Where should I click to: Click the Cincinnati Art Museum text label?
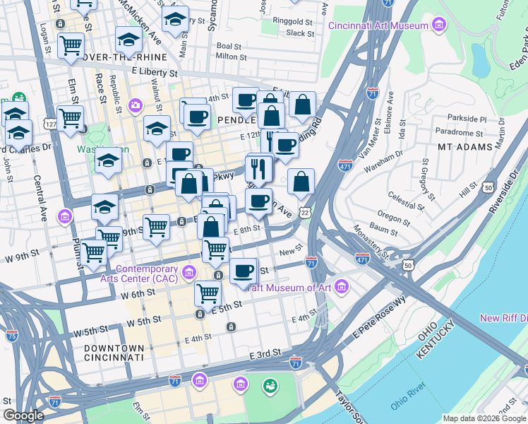click(x=378, y=26)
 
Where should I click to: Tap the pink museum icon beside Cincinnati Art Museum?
click(x=439, y=26)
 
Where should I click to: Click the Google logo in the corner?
click(x=23, y=416)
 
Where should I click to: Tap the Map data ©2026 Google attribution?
click(x=484, y=418)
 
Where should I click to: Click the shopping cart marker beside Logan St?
click(x=71, y=46)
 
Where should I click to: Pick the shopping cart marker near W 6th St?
click(x=207, y=292)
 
